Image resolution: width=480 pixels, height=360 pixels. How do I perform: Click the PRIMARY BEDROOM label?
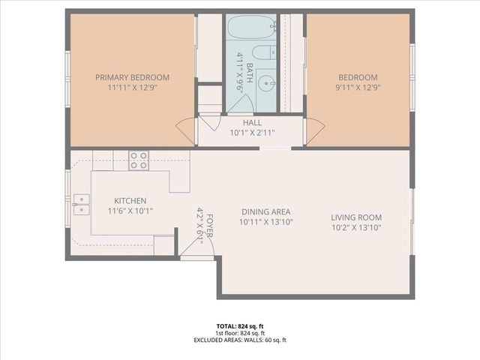point(132,77)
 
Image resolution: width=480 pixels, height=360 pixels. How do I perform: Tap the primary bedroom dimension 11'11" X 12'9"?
point(132,88)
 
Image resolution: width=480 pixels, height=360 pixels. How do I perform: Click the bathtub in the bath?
point(251,29)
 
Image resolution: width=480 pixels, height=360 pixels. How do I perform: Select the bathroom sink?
point(267,82)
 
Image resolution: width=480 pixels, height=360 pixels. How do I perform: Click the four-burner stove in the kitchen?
point(138,160)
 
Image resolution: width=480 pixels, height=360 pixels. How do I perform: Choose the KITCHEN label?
point(130,201)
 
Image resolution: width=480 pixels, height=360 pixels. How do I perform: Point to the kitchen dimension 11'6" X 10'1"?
point(130,211)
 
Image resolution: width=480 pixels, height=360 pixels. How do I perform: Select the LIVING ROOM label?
point(356,217)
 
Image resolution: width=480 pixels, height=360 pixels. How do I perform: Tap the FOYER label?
point(209,223)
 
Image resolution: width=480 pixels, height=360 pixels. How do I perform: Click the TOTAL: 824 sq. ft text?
point(240,326)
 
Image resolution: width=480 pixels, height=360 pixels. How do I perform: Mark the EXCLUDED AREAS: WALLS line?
point(240,340)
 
